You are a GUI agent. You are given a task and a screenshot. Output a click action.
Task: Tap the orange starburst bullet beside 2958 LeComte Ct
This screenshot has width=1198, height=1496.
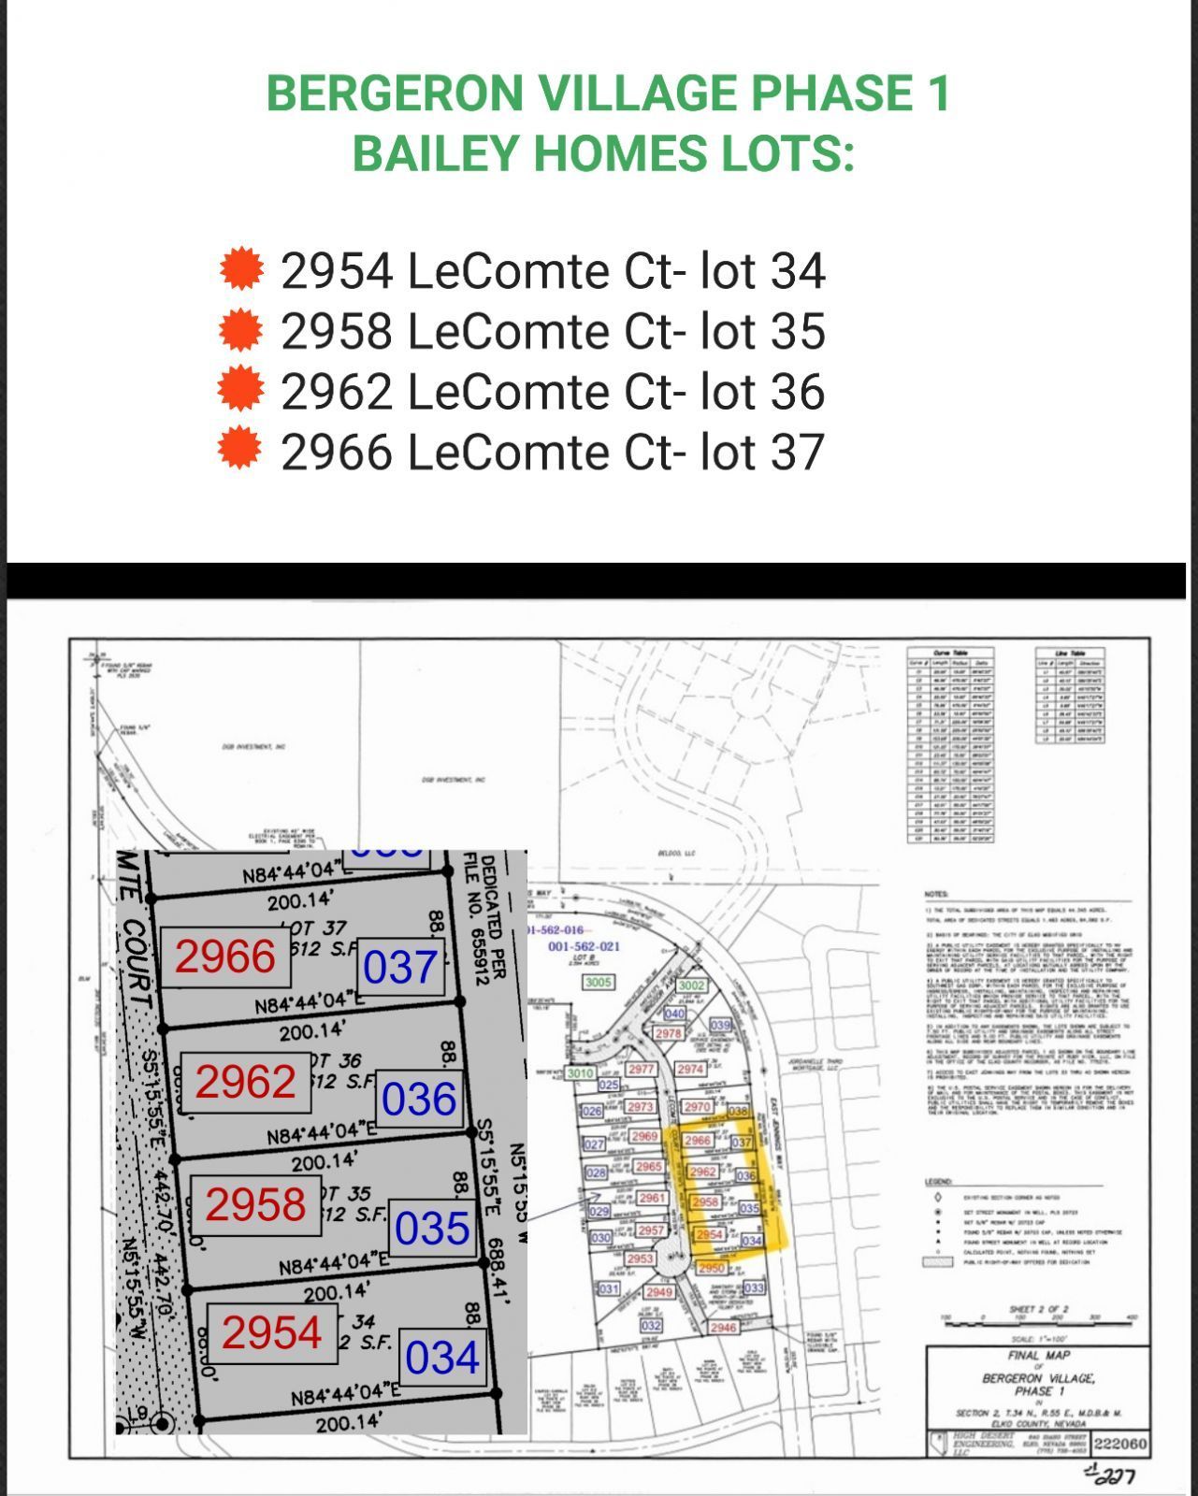[241, 329]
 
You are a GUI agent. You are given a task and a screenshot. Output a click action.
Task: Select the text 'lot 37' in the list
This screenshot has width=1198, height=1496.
[762, 452]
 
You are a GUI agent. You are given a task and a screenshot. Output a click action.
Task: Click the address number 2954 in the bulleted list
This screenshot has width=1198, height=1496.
[338, 271]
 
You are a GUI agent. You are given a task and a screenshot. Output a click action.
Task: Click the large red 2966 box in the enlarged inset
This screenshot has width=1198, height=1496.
[225, 957]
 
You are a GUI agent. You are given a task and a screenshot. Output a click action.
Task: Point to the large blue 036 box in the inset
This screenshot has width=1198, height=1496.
[419, 1100]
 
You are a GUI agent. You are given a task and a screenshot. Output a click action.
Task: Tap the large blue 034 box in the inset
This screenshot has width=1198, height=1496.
[442, 1358]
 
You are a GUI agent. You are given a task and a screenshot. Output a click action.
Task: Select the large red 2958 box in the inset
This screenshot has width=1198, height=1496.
[255, 1204]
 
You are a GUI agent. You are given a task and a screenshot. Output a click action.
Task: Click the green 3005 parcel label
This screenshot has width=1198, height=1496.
[599, 983]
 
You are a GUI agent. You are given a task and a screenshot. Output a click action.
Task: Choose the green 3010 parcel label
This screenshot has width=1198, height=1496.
[580, 1073]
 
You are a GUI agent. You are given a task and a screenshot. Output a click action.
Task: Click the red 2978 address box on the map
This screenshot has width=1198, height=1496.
[668, 1034]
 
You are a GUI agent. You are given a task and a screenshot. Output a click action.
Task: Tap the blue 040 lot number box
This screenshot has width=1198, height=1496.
[674, 1014]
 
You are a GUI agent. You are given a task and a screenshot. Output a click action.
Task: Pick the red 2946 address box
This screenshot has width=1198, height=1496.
[723, 1328]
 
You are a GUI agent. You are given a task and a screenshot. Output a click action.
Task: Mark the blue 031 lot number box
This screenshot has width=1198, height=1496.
[609, 1289]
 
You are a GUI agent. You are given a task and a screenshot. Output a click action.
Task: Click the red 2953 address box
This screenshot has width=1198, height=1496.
[640, 1259]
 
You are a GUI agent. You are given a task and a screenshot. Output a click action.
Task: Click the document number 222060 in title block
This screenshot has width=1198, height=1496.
[1119, 1444]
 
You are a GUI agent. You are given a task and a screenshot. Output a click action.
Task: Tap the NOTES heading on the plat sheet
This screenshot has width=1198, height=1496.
[936, 895]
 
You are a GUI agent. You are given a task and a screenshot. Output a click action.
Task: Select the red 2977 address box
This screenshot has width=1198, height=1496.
[641, 1069]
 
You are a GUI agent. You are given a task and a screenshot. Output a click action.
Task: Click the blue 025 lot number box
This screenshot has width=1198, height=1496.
[609, 1085]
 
